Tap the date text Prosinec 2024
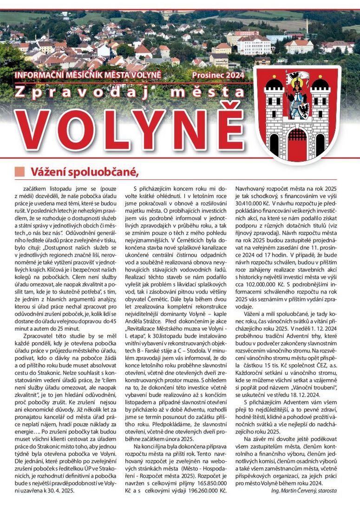click(218, 74)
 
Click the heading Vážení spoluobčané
click(85, 172)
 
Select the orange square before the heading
click(20, 172)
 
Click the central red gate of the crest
click(297, 144)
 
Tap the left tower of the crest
click(274, 111)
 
